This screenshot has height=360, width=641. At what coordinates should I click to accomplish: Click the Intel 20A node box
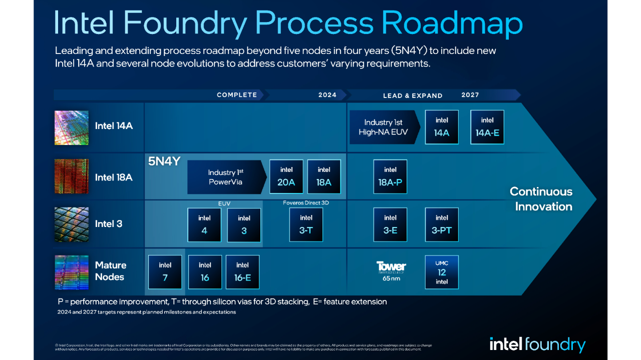point(286,177)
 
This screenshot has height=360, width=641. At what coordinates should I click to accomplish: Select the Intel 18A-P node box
point(390,177)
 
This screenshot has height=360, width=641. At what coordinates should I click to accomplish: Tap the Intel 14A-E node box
point(487,127)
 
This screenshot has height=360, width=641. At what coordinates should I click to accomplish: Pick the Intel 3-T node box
point(306,224)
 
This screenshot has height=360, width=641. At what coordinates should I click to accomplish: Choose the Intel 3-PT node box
point(442,224)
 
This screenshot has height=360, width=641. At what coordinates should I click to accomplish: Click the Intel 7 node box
point(165,272)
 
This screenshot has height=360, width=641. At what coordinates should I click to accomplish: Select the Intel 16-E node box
point(242,272)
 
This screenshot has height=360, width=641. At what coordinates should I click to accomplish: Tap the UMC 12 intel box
point(442,272)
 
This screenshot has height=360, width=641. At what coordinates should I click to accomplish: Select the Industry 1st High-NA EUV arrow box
point(384,127)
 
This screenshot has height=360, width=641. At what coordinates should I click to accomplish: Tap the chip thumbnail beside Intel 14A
point(71,127)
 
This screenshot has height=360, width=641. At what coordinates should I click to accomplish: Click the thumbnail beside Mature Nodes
point(71,272)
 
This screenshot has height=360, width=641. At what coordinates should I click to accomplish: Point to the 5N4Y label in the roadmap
point(164,161)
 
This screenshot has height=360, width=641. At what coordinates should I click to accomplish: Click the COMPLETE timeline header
point(237,95)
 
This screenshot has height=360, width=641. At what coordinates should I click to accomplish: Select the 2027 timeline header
point(470,95)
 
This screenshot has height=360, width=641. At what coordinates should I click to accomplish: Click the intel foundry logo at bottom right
point(537,344)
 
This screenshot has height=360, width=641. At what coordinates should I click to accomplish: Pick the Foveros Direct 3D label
point(305,203)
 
